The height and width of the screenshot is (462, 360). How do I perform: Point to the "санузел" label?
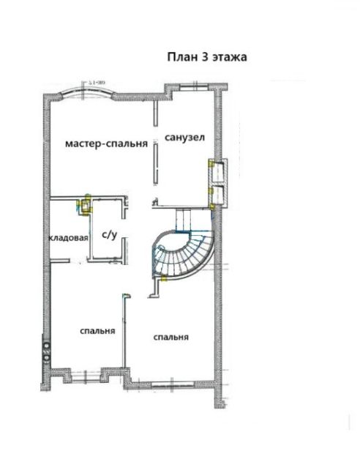[184, 138]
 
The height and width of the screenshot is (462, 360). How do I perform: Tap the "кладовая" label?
[68, 239]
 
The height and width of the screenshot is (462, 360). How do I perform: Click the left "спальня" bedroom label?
[97, 331]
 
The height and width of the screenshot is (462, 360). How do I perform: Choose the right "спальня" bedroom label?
[171, 338]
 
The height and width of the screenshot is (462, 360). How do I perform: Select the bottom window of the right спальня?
[171, 382]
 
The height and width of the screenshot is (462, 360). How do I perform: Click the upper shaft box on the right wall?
[217, 171]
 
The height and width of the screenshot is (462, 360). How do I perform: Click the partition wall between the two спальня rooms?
[124, 337]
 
